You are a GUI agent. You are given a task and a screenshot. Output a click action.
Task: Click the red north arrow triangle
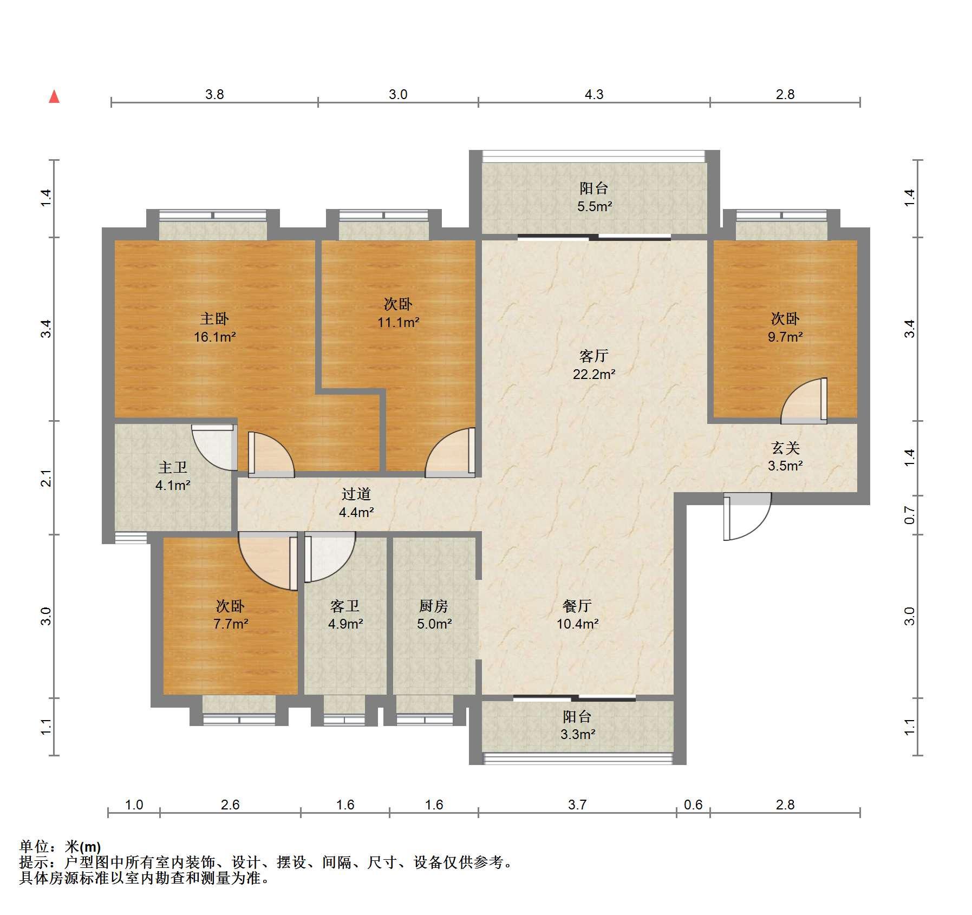pos(54,97)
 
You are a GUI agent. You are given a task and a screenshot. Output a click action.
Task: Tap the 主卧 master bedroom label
pos(214,319)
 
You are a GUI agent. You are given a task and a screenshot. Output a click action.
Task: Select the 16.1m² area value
pos(215,337)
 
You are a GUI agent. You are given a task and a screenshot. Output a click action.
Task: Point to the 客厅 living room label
pos(594,356)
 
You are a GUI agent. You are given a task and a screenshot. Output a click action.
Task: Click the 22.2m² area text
pos(594,374)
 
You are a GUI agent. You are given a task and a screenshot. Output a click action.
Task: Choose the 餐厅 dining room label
pos(577,606)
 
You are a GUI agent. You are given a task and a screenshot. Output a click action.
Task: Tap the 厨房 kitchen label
pos(434,606)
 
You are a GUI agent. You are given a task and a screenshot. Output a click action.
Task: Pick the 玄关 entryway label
pos(785,448)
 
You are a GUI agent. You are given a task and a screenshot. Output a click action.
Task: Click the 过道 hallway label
pos(356,494)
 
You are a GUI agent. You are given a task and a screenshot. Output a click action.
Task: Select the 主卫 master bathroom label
pos(173,467)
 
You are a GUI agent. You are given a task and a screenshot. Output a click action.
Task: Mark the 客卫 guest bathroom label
pos(345,606)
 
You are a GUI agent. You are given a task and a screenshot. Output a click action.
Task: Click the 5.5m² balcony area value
pos(595,206)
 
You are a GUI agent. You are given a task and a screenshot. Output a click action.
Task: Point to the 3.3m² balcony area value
pos(578,735)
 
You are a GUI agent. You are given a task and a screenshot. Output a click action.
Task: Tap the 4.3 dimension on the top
pos(593,95)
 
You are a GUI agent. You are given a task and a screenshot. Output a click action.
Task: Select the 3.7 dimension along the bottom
pos(577,805)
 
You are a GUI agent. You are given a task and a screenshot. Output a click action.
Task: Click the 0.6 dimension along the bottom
pos(693,805)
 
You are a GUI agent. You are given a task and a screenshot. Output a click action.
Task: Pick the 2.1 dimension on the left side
pos(47,478)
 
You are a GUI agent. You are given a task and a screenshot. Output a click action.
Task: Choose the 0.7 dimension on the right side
pos(910,515)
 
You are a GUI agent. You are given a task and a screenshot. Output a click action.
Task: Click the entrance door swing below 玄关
pos(747,517)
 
